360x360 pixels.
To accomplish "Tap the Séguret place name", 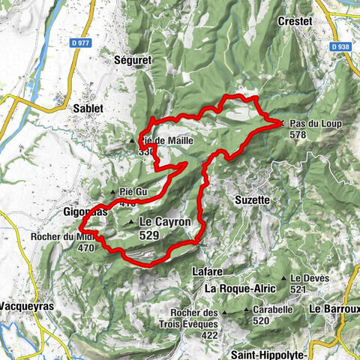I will pyautogui.click(x=134, y=59).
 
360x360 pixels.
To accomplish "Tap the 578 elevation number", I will pyautogui.click(x=298, y=134).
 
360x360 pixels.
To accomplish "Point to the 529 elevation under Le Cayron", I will pyautogui.click(x=148, y=235).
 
